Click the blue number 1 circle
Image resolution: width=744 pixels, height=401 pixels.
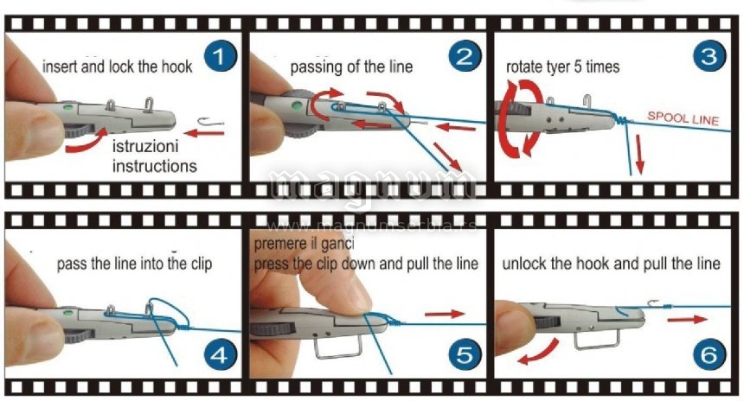click(220, 56)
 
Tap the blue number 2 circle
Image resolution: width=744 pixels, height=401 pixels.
click(465, 56)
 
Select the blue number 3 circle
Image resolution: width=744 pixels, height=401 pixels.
click(709, 56)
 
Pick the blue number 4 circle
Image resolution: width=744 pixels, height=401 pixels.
click(220, 355)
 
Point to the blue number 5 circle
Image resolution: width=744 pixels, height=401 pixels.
click(465, 355)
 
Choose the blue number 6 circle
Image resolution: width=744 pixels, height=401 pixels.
click(709, 355)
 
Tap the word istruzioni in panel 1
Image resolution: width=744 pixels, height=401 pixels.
click(145, 145)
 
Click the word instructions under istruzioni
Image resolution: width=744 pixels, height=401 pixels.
click(155, 166)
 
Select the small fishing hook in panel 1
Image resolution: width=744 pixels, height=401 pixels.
click(210, 123)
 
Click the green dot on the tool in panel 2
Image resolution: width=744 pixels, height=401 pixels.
click(298, 105)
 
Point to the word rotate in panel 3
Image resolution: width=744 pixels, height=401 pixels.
click(524, 67)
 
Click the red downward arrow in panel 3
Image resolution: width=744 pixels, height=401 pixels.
click(639, 154)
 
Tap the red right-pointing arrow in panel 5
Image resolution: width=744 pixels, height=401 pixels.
click(445, 314)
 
